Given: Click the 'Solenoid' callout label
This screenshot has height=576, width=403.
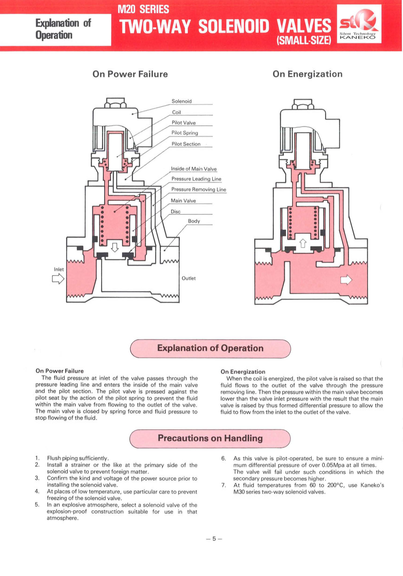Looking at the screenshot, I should click(181, 101).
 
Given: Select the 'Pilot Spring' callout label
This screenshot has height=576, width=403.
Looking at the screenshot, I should click(185, 133).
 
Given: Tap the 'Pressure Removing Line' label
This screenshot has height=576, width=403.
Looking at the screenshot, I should click(199, 190).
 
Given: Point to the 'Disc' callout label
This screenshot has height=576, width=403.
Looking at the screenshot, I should click(175, 211).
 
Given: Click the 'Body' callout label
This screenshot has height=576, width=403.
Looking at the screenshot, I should click(194, 221).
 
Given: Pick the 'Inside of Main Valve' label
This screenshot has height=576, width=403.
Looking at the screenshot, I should click(194, 169).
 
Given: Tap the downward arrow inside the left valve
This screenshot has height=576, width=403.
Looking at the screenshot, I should click(115, 247).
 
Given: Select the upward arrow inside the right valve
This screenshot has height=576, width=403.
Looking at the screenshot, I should click(303, 243).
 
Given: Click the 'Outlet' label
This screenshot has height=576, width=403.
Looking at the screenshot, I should click(189, 278).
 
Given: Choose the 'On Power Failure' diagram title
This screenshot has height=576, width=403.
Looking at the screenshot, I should click(130, 74).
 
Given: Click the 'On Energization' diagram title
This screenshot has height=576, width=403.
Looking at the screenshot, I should click(307, 74).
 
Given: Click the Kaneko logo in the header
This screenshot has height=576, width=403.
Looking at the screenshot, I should click(359, 24).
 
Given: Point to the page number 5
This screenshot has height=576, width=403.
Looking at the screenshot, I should click(214, 539).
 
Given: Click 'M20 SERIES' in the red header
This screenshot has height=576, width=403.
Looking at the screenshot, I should click(143, 9).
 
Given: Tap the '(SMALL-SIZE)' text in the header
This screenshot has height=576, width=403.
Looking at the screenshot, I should click(303, 40).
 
